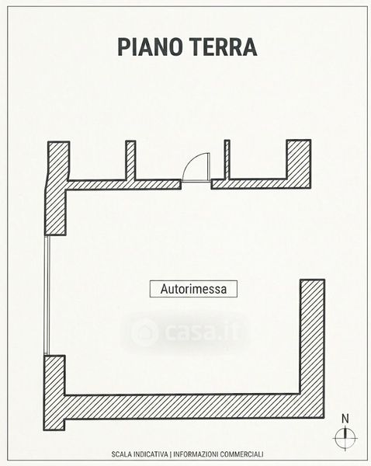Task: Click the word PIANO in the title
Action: coord(150,47)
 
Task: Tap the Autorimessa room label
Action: coord(193,289)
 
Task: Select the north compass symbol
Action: coord(345,438)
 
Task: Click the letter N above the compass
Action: coord(345,419)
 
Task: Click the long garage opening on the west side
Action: coord(47,295)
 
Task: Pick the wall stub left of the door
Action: coord(130,160)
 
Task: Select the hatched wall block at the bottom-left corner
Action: coord(54,392)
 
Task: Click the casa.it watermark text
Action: coord(202,332)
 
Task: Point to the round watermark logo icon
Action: coord(144,332)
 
